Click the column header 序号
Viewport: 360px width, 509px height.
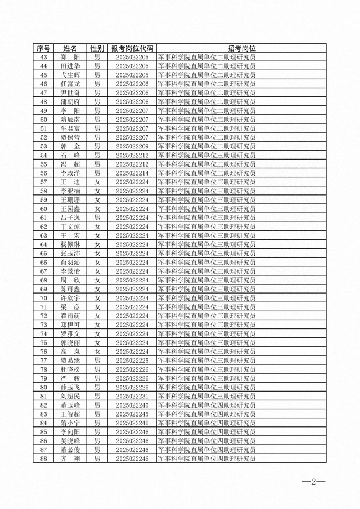[43, 49]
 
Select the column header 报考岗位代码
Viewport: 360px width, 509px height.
[132, 49]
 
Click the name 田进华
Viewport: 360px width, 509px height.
[70, 66]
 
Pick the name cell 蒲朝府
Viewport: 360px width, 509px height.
[70, 102]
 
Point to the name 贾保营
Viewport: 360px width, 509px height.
[70, 137]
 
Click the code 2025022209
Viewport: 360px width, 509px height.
[132, 146]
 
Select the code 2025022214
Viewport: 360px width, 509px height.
[132, 173]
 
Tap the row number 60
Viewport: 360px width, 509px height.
[43, 209]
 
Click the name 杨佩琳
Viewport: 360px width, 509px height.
[70, 245]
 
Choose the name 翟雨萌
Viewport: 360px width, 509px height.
[70, 316]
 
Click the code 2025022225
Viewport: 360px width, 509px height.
[132, 361]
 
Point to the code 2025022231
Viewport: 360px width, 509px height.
[132, 397]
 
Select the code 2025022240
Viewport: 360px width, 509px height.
[132, 405]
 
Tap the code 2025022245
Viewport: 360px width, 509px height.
[132, 414]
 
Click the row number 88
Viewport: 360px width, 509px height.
[43, 459]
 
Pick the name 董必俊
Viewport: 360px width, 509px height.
[70, 450]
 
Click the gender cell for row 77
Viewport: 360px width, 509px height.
[97, 361]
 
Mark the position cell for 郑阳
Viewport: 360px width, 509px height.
[207, 57]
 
